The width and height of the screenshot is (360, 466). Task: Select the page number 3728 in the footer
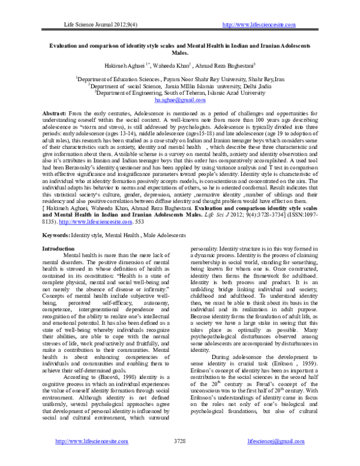(x=180, y=458)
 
